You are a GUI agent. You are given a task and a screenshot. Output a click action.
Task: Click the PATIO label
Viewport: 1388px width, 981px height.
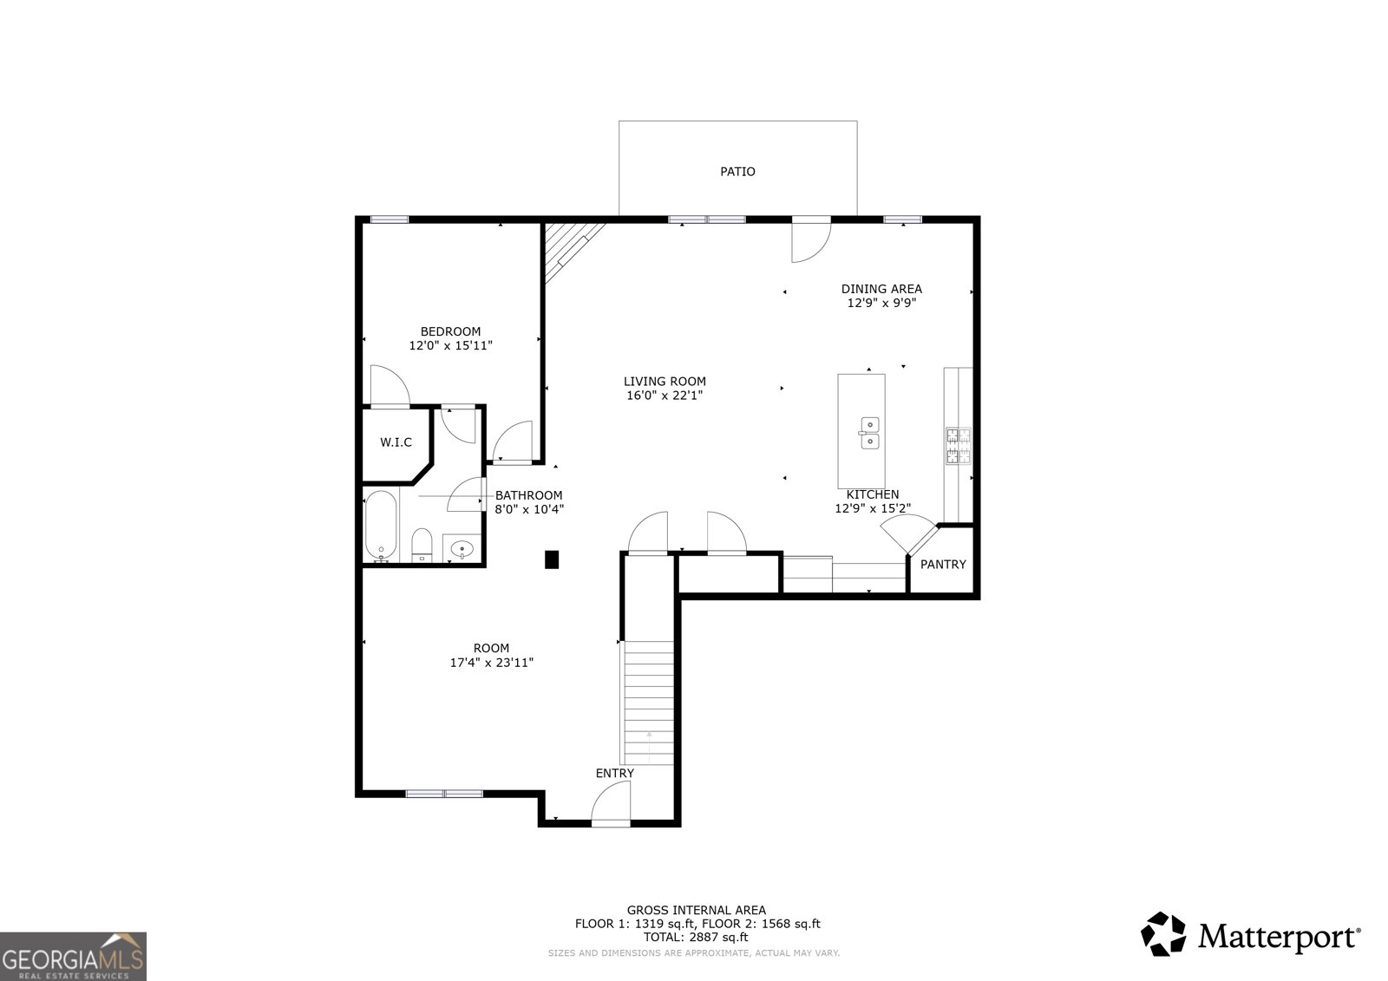(x=737, y=172)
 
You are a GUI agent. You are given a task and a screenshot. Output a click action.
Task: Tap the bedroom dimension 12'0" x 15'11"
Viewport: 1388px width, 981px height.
(x=450, y=345)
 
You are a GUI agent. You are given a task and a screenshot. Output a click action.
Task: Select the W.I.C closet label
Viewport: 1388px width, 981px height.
(x=396, y=442)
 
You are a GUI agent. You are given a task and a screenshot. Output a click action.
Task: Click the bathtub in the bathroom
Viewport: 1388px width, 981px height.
(x=381, y=526)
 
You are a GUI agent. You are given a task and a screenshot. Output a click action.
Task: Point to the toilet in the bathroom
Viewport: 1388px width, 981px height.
(x=422, y=545)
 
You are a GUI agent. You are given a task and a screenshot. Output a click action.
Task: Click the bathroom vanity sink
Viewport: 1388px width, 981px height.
(x=462, y=548)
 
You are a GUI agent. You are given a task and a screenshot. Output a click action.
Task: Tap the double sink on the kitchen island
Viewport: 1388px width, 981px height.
(x=869, y=433)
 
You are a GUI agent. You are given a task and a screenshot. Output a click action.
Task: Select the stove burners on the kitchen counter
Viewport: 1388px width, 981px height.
(x=958, y=446)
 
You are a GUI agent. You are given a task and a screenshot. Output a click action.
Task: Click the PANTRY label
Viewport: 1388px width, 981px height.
(x=943, y=565)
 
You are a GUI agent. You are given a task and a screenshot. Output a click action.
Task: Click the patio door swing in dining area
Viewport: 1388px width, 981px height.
(x=812, y=240)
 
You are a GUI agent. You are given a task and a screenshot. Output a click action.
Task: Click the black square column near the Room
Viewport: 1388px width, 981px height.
(x=552, y=560)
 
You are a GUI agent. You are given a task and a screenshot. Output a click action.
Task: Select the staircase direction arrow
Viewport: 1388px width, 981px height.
(x=649, y=738)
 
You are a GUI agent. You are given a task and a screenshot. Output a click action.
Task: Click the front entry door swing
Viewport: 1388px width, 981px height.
(x=612, y=803)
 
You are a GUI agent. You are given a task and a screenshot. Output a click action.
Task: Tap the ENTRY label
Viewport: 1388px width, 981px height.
(x=614, y=773)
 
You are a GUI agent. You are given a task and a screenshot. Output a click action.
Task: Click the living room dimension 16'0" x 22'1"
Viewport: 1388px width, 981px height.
(x=665, y=396)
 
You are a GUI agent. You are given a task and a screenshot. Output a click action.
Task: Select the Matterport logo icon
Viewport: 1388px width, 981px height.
(x=1163, y=934)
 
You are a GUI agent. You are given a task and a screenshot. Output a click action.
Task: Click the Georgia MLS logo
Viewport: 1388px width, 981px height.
(x=73, y=956)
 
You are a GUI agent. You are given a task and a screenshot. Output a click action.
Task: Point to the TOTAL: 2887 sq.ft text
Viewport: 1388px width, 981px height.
(x=696, y=938)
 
